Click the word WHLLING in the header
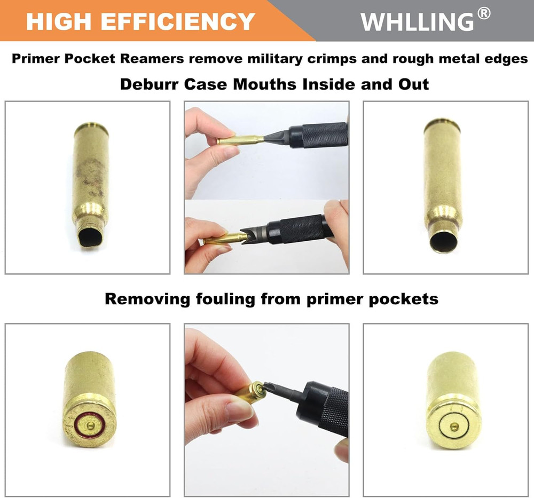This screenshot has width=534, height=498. [x=417, y=21]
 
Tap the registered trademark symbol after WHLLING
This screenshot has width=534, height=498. [x=484, y=14]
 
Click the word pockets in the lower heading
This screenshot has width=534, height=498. [x=404, y=299]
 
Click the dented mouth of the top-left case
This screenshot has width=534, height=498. [x=89, y=235]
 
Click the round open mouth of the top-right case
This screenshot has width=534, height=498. [x=444, y=241]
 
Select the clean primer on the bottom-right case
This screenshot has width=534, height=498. [x=453, y=426]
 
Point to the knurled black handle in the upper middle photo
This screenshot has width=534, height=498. [x=324, y=135]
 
